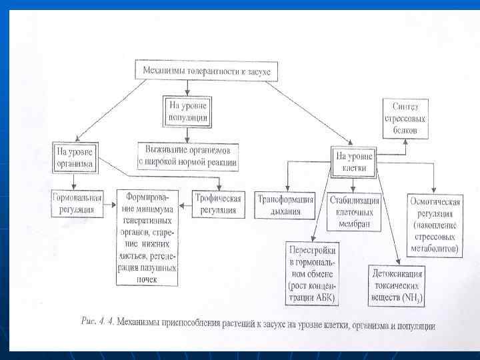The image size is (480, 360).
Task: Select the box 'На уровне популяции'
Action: (x=189, y=111)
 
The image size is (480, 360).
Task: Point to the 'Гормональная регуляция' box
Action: (x=77, y=203)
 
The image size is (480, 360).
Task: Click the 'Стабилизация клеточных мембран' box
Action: (x=355, y=211)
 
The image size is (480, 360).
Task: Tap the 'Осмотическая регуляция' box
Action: (x=434, y=225)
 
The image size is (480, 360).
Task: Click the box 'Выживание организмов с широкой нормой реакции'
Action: (x=189, y=155)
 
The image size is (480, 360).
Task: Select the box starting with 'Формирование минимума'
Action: (x=148, y=237)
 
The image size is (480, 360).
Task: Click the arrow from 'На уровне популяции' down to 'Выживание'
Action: (x=189, y=133)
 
